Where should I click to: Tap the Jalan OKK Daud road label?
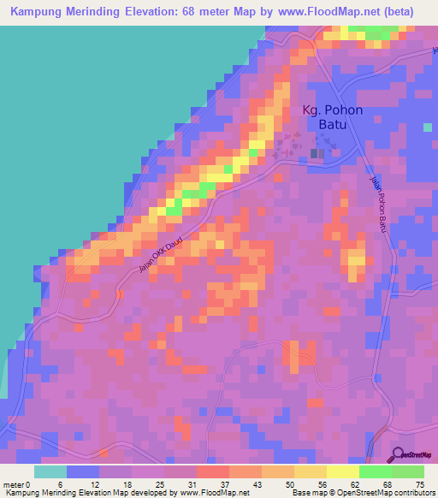[x=161, y=256]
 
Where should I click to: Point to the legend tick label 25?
[x=164, y=484]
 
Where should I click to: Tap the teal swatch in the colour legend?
[x=50, y=471]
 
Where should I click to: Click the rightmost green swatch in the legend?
[x=408, y=471]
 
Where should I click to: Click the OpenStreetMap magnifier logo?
[x=398, y=455]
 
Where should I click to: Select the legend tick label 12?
[x=99, y=484]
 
